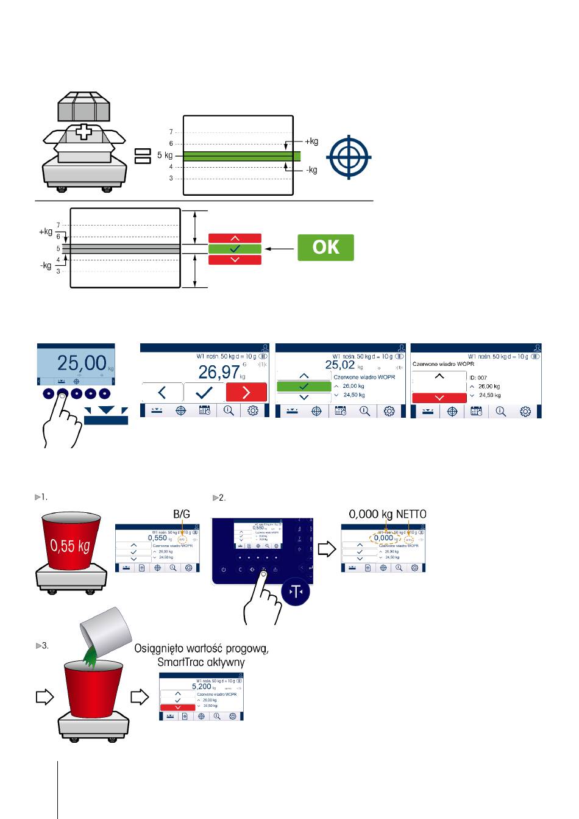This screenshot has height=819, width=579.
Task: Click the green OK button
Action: [x=325, y=248]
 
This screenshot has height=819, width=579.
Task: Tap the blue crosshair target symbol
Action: [x=348, y=157]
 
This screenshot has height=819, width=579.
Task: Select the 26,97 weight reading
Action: [x=219, y=371]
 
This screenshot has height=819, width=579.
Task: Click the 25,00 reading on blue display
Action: [x=82, y=363]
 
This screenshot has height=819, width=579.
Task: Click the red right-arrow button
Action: [x=246, y=393]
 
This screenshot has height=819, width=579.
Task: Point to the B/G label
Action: [x=182, y=515]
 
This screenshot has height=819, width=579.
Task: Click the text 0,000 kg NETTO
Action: [x=387, y=515]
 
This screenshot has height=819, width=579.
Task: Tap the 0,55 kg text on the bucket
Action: [x=71, y=545]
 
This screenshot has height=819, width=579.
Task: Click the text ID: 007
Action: [x=478, y=377]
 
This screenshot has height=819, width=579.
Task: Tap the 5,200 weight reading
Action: [x=202, y=686]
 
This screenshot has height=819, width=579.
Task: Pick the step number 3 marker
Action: [x=43, y=645]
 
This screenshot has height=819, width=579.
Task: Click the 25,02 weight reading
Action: [x=339, y=365]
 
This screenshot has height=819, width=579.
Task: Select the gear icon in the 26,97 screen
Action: [x=253, y=410]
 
